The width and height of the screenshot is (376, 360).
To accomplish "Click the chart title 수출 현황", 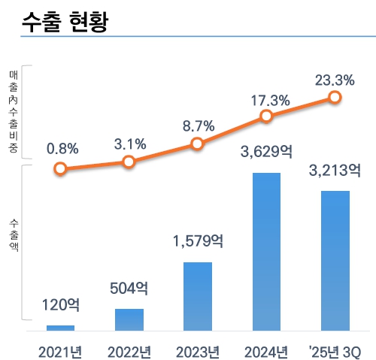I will tap(66, 20).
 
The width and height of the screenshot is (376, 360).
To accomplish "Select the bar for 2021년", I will tap(61, 328).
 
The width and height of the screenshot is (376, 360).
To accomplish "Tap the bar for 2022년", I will tap(129, 319).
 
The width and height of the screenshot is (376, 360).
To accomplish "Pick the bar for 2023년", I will tap(198, 296).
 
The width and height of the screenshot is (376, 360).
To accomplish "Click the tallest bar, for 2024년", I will tap(266, 251).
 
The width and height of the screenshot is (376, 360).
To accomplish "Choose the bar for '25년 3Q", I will tap(335, 260).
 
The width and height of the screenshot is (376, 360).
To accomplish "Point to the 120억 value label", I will tap(60, 306).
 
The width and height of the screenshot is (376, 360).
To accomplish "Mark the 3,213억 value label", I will tap(335, 171).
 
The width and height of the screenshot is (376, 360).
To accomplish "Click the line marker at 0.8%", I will tap(60, 169).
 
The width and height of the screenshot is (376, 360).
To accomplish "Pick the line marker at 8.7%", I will tap(197, 144).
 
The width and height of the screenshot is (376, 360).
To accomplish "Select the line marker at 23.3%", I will tap(335, 97).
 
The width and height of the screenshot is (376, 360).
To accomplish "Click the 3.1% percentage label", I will tap(129, 143).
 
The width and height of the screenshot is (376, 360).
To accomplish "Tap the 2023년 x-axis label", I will tap(198, 352).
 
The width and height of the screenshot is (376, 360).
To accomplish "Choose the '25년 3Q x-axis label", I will tap(335, 352).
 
